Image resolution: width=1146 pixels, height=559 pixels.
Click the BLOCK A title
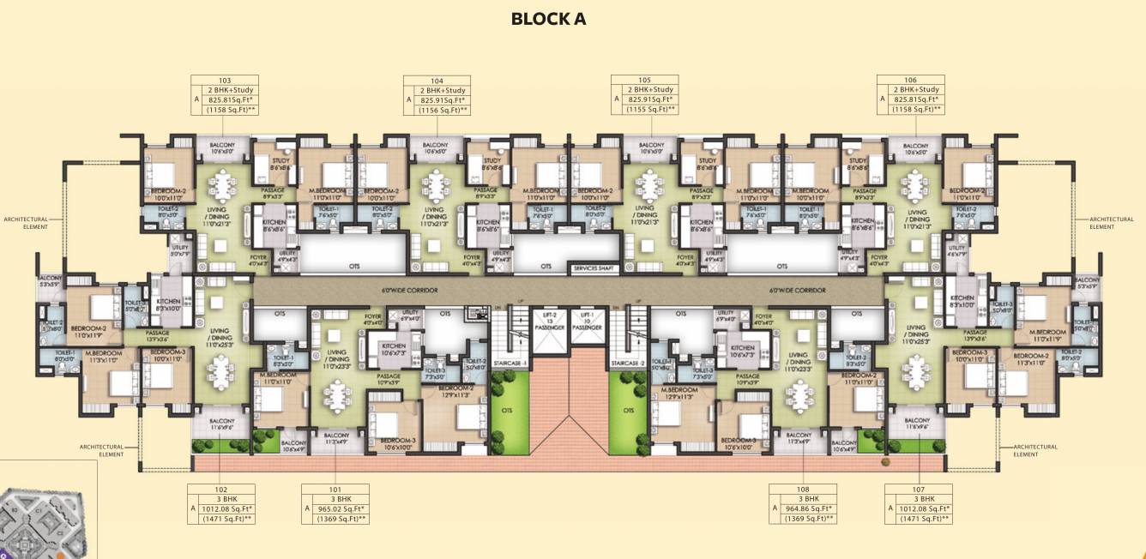pyautogui.click(x=548, y=19)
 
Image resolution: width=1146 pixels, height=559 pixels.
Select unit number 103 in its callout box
pyautogui.click(x=225, y=80)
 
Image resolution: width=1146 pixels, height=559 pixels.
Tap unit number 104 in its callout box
pyautogui.click(x=437, y=80)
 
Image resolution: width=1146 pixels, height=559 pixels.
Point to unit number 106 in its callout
pyautogui.click(x=910, y=80)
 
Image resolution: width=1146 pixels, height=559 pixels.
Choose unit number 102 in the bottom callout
pyautogui.click(x=220, y=489)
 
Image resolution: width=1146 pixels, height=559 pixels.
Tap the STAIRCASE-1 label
pyautogui.click(x=509, y=364)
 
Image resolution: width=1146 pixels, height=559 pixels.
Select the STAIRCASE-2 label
pyautogui.click(x=627, y=364)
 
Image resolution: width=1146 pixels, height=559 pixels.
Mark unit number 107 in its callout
pyautogui.click(x=919, y=489)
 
